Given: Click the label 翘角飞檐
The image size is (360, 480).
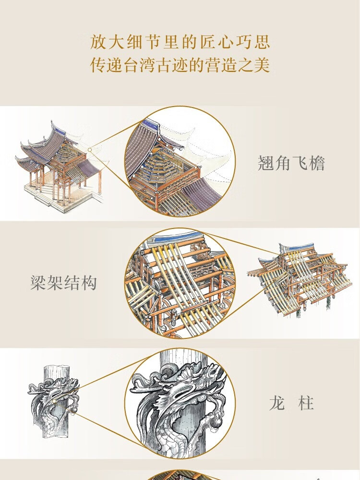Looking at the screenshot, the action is (291, 164).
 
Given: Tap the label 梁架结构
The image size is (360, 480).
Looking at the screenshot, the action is (63, 283).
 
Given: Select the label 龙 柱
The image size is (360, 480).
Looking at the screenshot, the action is (291, 403).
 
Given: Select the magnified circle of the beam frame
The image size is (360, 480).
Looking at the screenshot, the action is (180, 283).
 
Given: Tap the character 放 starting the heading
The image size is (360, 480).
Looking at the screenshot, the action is (98, 42).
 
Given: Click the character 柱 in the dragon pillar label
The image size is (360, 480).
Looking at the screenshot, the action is (306, 403).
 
